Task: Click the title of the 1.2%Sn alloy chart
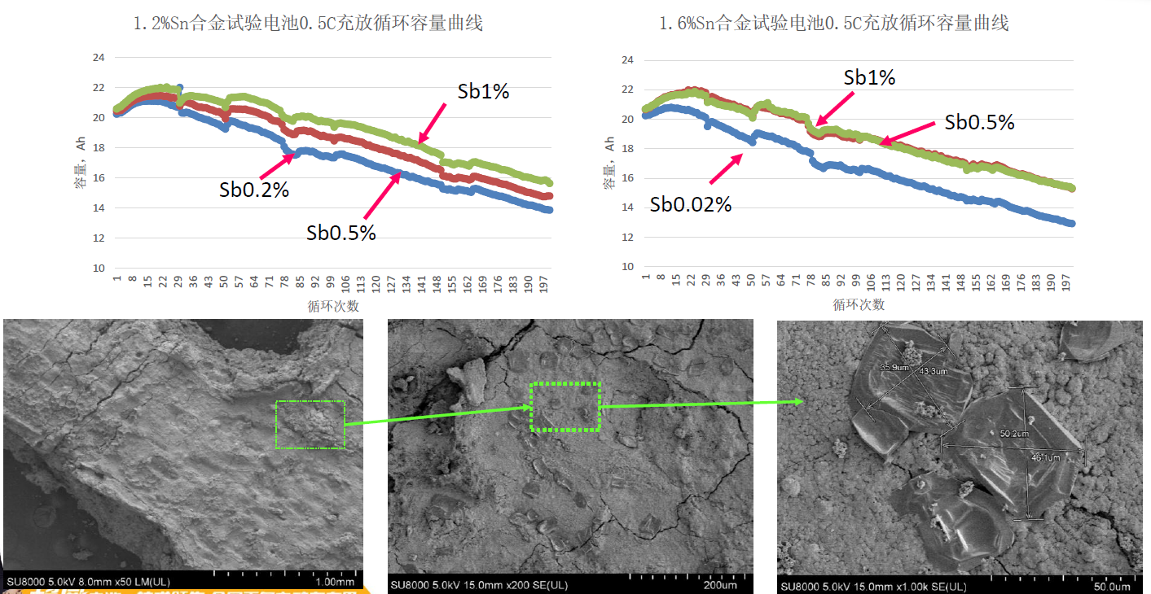308,24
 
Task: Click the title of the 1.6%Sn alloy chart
833,24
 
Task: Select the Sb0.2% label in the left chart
253,190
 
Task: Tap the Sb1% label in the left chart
483,92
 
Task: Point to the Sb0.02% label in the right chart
690,205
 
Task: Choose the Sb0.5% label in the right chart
979,122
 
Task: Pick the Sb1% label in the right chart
869,78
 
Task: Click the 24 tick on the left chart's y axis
99,58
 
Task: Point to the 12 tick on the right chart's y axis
627,237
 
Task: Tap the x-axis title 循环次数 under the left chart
333,307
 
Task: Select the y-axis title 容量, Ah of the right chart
609,163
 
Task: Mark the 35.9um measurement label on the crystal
894,368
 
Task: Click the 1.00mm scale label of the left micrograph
334,582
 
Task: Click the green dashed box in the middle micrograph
565,406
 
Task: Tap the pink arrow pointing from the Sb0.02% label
726,168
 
